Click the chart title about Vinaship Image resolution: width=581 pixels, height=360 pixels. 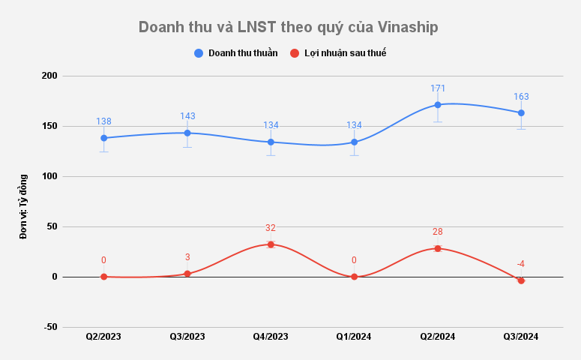(289, 28)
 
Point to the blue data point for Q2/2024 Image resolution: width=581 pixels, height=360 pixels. (438, 105)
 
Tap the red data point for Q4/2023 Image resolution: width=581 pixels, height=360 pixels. (271, 244)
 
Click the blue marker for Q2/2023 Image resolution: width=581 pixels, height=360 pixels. (103, 138)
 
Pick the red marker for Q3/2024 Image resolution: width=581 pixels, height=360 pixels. (521, 280)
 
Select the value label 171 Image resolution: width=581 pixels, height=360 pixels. (438, 88)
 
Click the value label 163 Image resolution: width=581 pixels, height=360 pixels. (521, 97)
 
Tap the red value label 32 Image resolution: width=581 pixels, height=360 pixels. (271, 228)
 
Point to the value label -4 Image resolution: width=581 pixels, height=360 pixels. (520, 264)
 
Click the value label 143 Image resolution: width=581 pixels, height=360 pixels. (187, 116)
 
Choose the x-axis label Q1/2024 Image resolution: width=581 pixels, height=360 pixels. (354, 337)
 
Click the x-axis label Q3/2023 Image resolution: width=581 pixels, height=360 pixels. (187, 337)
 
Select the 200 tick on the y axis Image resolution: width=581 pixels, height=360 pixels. (49, 76)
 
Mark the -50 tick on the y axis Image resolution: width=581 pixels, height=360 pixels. (50, 327)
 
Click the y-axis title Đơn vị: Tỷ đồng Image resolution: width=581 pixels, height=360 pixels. (23, 206)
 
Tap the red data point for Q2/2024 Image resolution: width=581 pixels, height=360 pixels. (438, 248)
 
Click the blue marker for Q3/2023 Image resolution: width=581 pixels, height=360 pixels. (187, 133)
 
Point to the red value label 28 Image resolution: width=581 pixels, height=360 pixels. (438, 232)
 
